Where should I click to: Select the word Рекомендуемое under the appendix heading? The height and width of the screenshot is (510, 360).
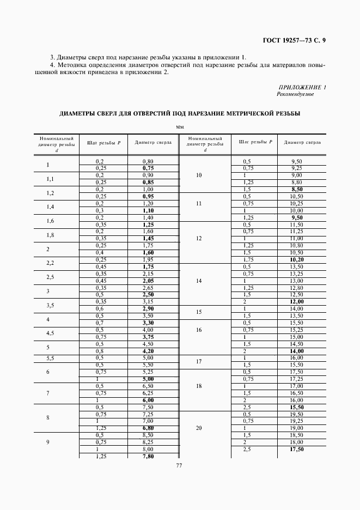295,94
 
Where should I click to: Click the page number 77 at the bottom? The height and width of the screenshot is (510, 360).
179,465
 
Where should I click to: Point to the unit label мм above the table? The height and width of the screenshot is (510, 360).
180,127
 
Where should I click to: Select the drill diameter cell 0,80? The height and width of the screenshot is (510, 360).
148,161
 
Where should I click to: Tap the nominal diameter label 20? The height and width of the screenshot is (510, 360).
198,428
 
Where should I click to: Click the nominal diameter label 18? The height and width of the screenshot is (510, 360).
198,385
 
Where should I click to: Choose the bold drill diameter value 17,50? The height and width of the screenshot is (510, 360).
297,449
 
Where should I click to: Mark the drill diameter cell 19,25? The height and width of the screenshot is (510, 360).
297,421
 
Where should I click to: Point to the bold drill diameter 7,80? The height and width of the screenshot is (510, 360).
148,456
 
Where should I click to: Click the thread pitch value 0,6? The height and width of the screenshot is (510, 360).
100,308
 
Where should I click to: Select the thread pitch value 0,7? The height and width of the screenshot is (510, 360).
100,323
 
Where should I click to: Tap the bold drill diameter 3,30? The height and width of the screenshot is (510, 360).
148,323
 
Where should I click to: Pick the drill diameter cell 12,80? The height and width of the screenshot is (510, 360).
297,287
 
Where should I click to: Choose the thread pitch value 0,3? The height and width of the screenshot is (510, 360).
100,210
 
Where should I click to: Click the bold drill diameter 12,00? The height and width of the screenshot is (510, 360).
297,301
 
